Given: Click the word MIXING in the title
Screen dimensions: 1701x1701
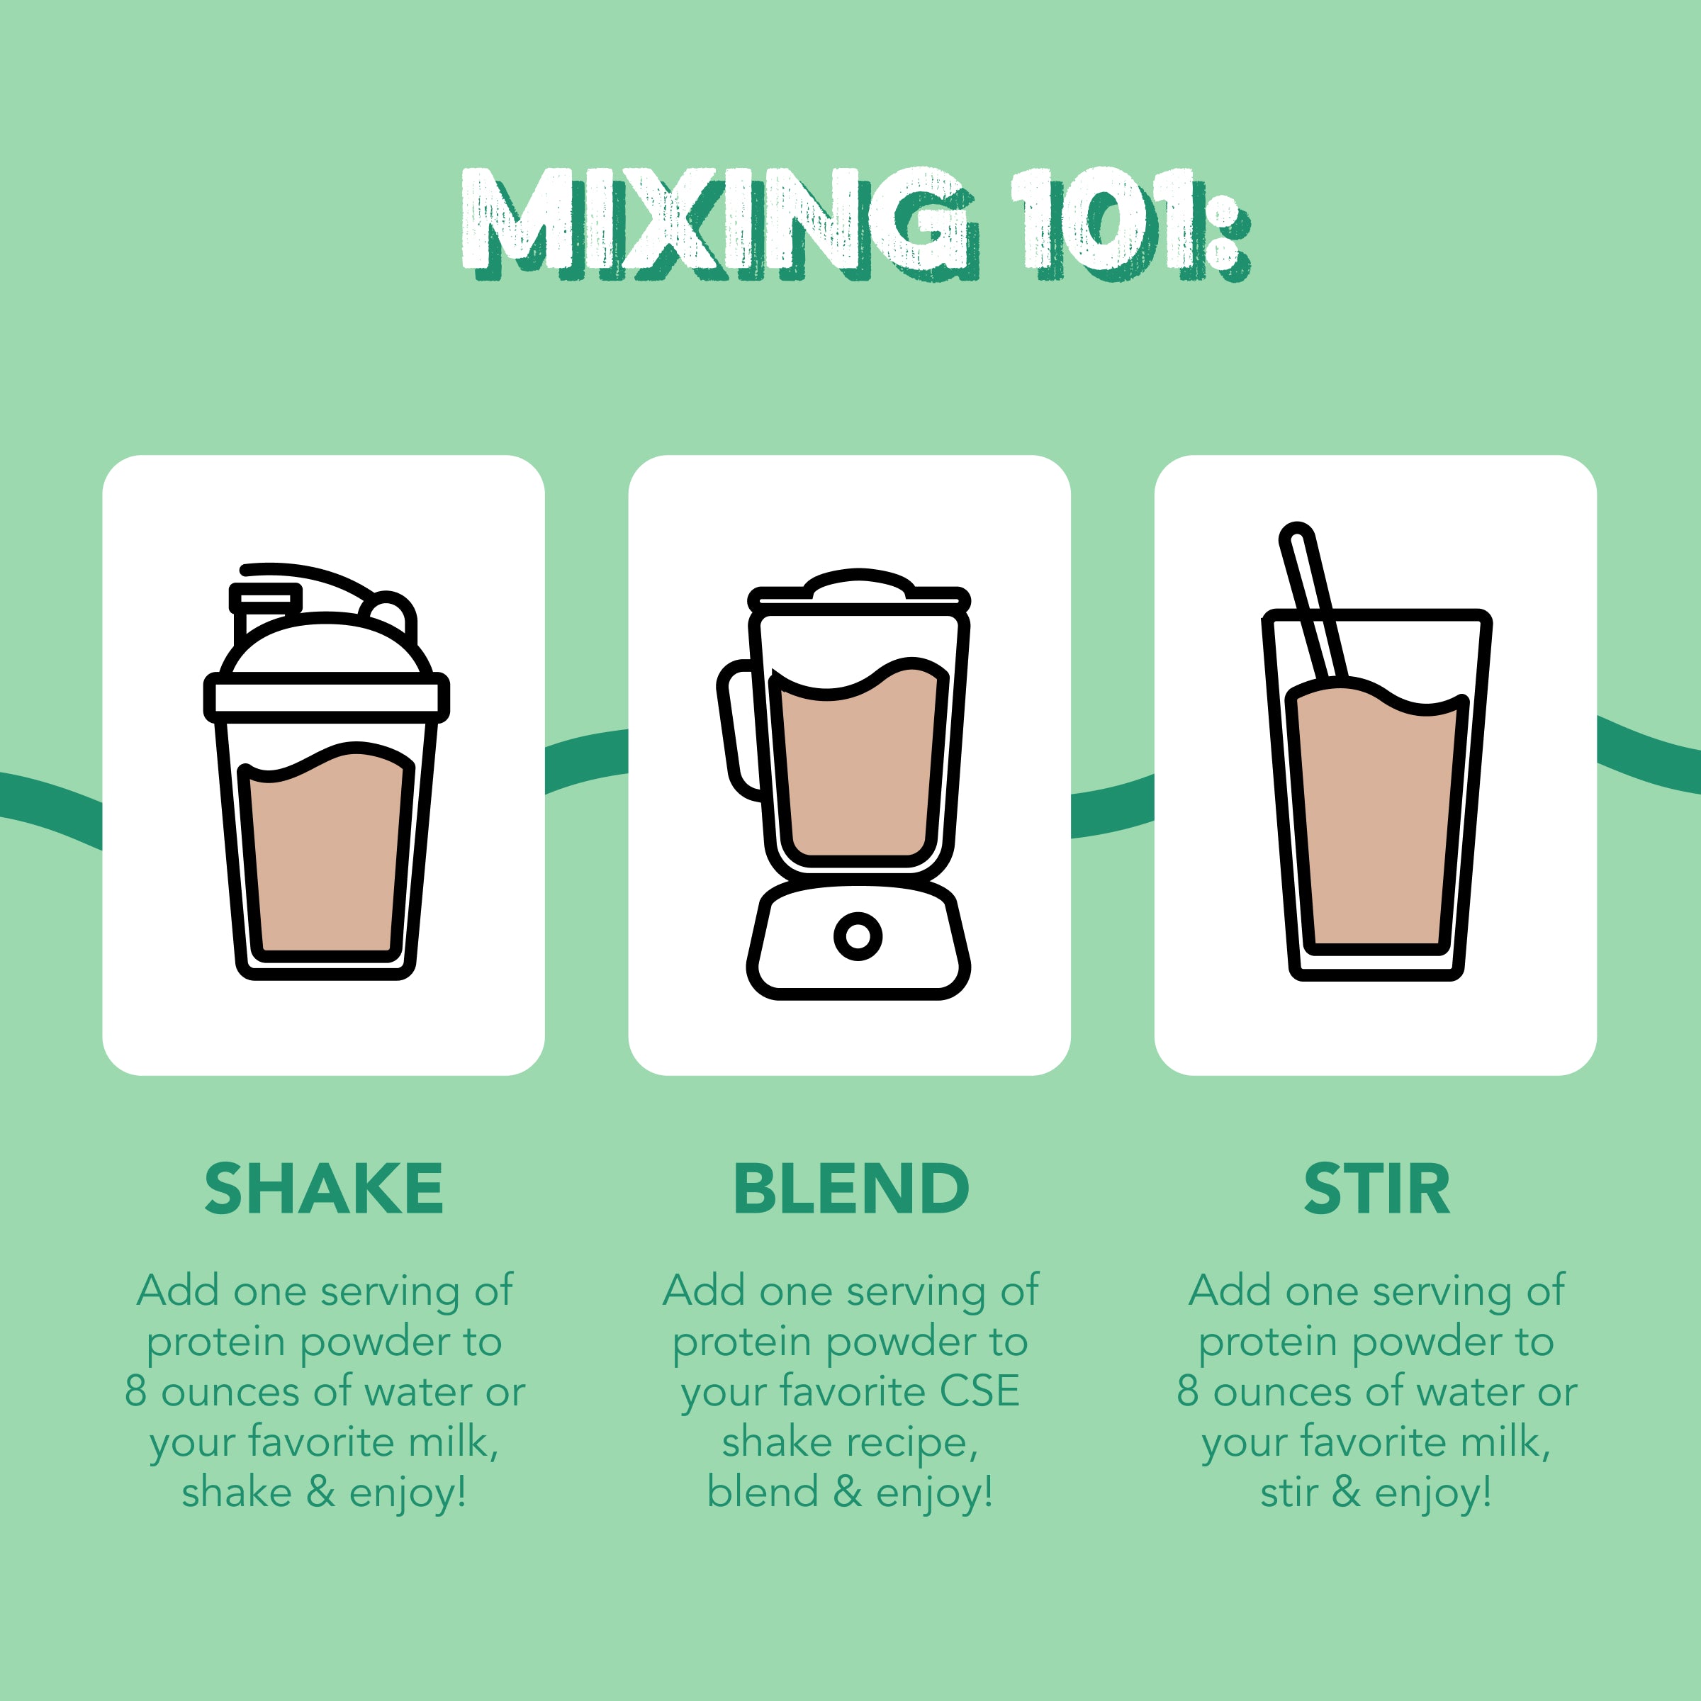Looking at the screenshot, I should (717, 220).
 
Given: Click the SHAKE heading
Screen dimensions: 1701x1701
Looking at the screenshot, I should (323, 1189).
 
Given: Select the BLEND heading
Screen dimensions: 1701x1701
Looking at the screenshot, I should (850, 1189).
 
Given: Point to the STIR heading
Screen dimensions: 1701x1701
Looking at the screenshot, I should (1376, 1189).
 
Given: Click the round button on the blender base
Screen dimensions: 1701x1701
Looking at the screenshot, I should (858, 935).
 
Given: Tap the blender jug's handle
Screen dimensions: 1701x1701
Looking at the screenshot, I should (738, 731).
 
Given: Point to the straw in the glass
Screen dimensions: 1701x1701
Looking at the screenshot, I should (1312, 599).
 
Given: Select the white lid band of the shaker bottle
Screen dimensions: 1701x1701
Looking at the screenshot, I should (326, 698).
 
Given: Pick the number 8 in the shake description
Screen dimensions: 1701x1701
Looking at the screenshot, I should (135, 1392).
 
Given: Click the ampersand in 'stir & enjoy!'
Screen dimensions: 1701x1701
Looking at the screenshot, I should (1346, 1493).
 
